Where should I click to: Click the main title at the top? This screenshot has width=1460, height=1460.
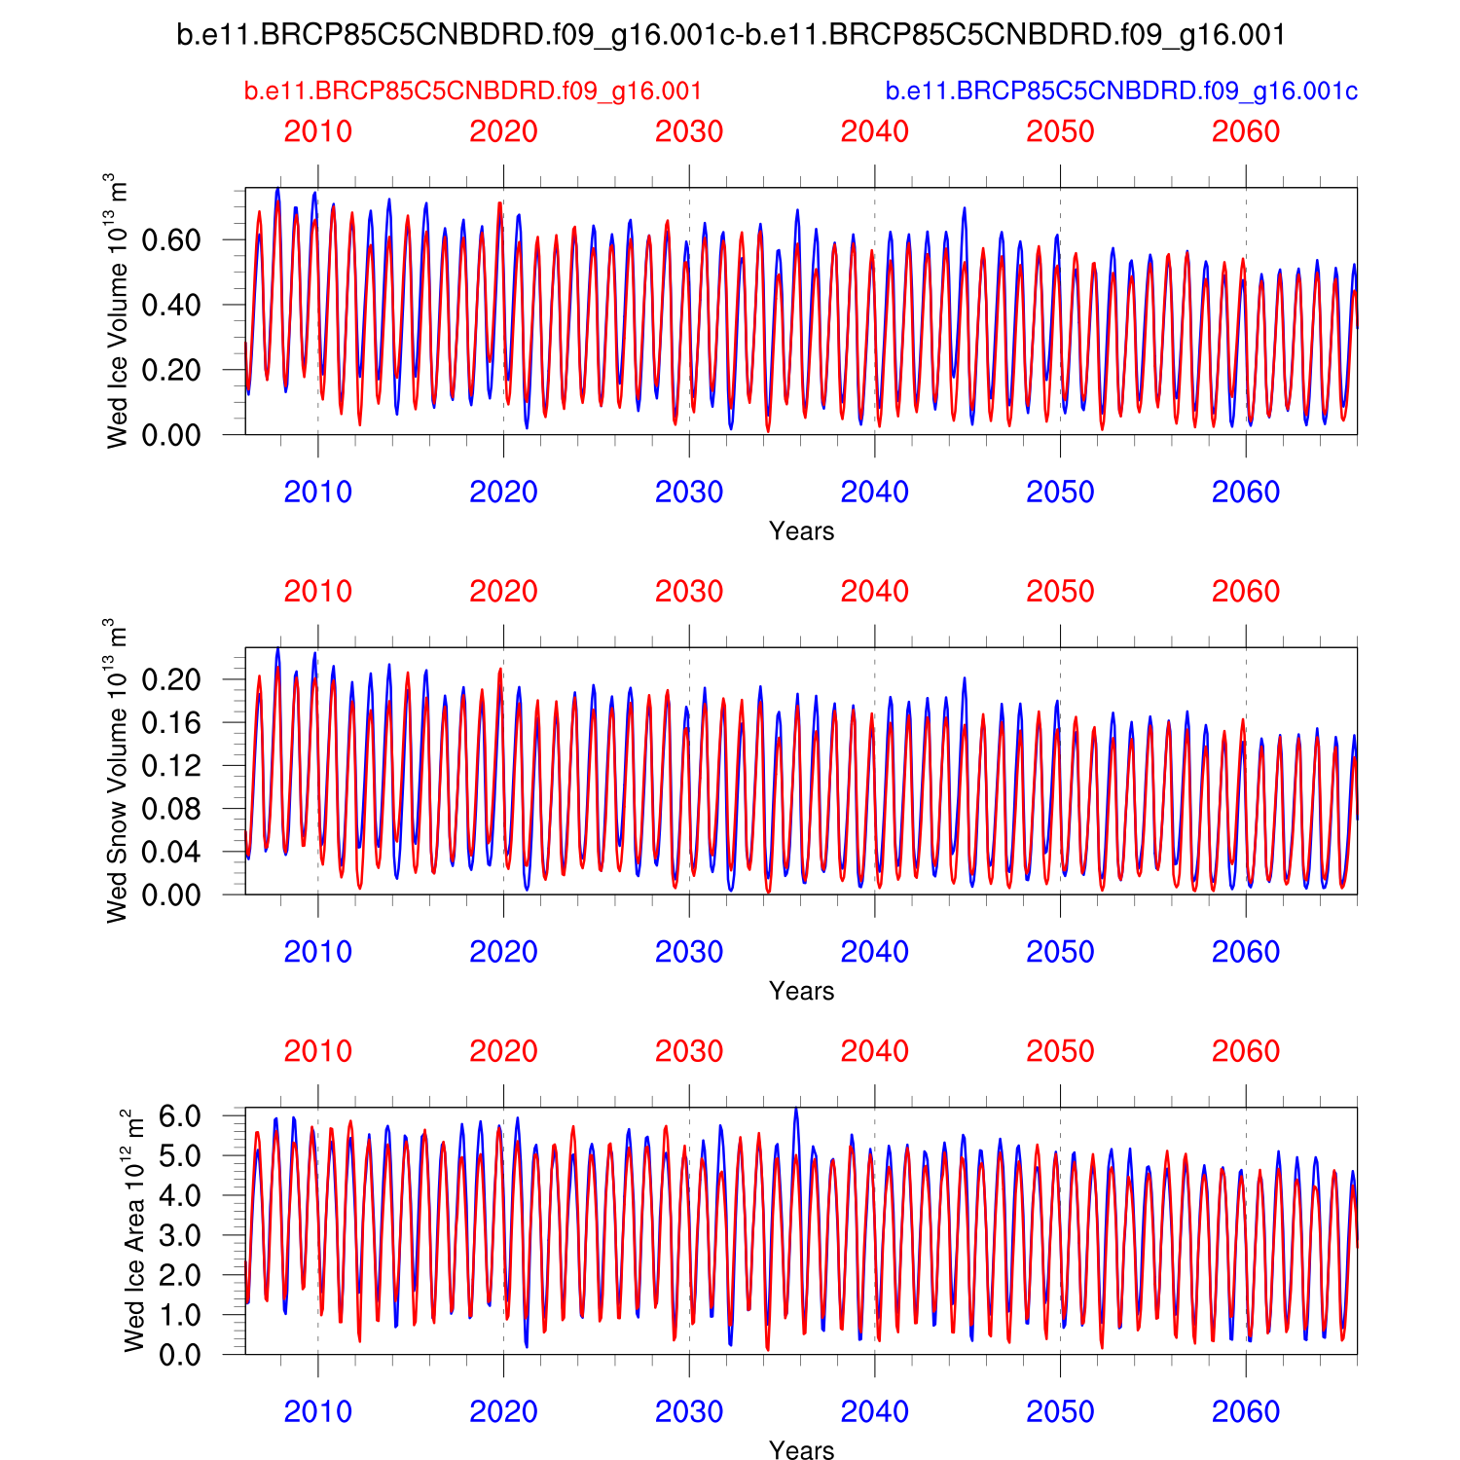tap(730, 36)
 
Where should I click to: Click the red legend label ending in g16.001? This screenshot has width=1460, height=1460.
tap(473, 91)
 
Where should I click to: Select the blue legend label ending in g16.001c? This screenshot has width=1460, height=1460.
tap(1121, 91)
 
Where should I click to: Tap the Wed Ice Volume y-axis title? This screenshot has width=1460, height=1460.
tap(117, 310)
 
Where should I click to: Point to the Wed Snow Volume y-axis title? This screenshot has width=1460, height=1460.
tap(117, 770)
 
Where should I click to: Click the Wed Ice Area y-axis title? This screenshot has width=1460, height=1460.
tap(134, 1230)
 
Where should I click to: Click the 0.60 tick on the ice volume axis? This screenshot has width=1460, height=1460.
tap(171, 239)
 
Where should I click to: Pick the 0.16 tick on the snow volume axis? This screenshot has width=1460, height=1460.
tap(171, 722)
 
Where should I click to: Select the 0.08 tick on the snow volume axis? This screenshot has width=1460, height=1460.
tap(171, 809)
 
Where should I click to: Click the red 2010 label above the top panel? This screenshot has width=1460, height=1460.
tap(318, 131)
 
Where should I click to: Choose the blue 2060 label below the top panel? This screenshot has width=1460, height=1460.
tap(1246, 493)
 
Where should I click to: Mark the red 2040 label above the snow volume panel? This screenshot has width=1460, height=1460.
tap(875, 592)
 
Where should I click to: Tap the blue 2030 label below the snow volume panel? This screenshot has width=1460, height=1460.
tap(689, 952)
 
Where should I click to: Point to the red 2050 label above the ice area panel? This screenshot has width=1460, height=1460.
tap(1060, 1051)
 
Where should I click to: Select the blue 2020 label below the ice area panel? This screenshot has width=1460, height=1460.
tap(503, 1411)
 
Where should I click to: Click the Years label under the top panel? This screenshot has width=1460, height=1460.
tap(801, 531)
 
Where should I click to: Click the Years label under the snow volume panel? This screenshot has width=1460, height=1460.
tap(801, 991)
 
